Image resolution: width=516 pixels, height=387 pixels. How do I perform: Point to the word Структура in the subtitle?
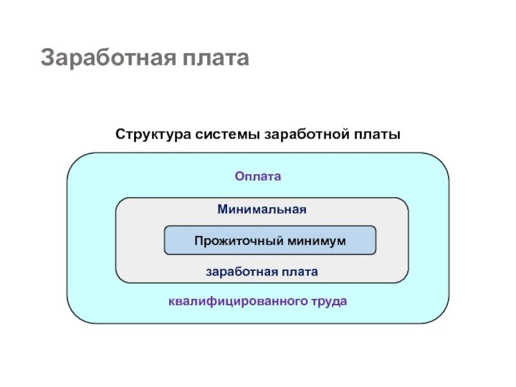149,135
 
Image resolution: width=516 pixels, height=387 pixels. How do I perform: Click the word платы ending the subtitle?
377,135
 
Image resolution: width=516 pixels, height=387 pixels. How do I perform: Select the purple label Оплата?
258,176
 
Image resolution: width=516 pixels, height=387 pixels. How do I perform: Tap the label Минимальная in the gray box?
261,210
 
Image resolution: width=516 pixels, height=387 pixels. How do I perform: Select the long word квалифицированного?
240,301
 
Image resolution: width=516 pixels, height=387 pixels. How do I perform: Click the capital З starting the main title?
46,57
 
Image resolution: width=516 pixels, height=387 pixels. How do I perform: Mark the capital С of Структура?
120,135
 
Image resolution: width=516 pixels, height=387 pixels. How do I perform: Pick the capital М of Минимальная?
222,210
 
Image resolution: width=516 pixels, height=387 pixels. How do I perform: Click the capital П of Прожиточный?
199,241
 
